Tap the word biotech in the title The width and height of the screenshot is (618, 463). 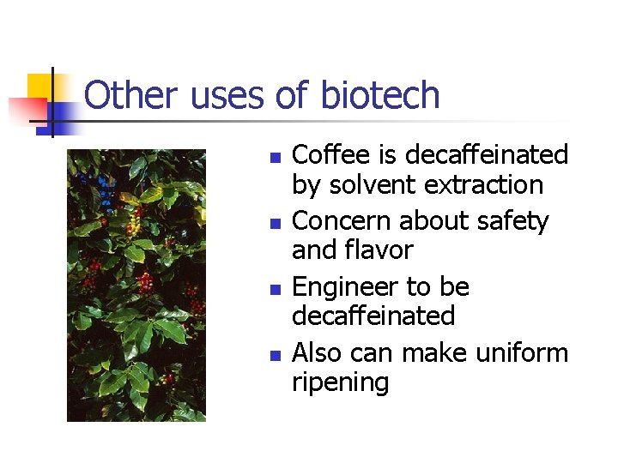click(379, 95)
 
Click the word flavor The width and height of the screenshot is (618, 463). click(378, 250)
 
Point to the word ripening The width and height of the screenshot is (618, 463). click(341, 382)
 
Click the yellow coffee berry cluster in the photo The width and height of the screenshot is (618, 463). click(132, 225)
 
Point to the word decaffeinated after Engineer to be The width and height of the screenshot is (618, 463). click(373, 316)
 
